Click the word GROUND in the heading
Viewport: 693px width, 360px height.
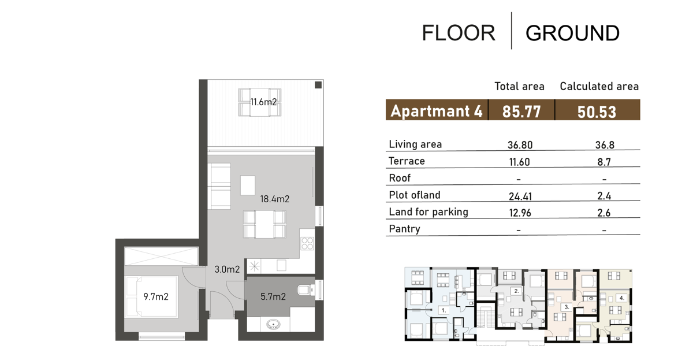point(572,33)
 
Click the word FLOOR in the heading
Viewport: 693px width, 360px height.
point(459,33)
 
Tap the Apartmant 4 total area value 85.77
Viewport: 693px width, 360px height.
point(521,112)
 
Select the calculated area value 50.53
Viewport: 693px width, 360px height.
point(597,112)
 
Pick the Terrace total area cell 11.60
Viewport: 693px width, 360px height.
point(519,162)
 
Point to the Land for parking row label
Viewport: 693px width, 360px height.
point(429,212)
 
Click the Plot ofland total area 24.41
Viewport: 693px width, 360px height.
point(520,196)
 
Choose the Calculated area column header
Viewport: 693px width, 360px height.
point(599,86)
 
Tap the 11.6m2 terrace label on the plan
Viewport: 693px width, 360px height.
point(263,102)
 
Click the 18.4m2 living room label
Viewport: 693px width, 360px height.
point(275,199)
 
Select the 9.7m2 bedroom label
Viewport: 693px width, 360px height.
point(156,296)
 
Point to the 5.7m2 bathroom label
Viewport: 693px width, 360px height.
point(273,296)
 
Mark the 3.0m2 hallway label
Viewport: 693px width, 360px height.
point(227,269)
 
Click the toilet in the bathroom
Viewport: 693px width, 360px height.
point(305,290)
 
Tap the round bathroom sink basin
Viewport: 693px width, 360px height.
point(274,324)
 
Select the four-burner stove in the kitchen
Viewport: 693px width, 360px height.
point(307,243)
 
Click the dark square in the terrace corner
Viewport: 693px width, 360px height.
point(318,85)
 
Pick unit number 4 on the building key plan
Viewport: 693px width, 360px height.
point(621,298)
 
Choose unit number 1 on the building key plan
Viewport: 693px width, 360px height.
point(444,310)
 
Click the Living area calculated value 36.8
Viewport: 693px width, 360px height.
point(605,145)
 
